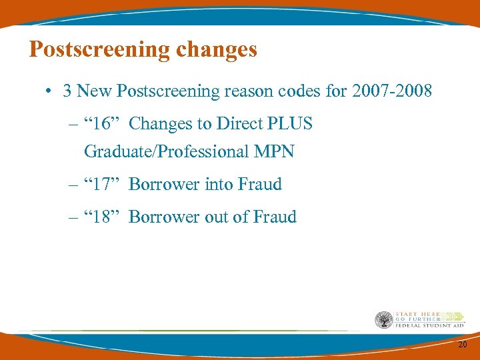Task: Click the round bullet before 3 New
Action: tap(50, 91)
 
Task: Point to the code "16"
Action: tap(99, 124)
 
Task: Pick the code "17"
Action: tap(99, 184)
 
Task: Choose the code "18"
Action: tap(99, 217)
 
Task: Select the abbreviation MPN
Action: tap(274, 151)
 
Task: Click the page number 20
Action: tap(463, 345)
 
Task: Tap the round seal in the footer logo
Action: tap(383, 320)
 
